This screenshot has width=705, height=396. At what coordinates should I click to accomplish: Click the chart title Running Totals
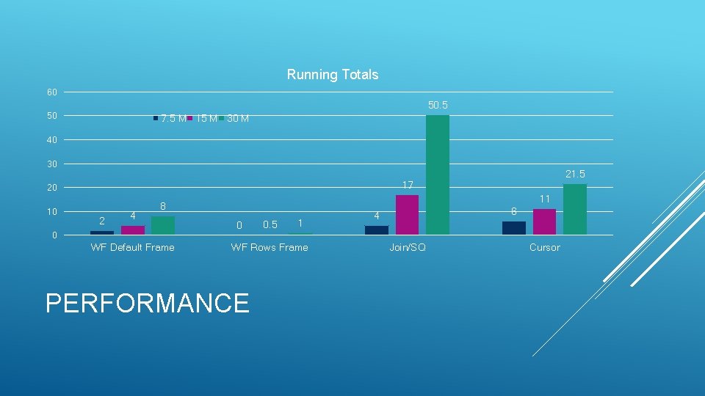pyautogui.click(x=332, y=75)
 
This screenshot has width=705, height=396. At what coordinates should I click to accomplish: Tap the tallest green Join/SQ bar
pyautogui.click(x=437, y=175)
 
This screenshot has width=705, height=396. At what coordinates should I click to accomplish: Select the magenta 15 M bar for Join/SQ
pyautogui.click(x=407, y=215)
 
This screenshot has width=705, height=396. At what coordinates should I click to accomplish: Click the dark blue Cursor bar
pyautogui.click(x=514, y=228)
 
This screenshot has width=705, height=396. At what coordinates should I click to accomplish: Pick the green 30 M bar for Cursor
pyautogui.click(x=574, y=209)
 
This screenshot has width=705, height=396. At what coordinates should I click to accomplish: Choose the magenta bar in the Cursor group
pyautogui.click(x=544, y=221)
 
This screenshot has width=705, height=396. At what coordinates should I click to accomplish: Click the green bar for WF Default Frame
pyautogui.click(x=162, y=225)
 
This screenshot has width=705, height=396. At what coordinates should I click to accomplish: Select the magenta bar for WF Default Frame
pyautogui.click(x=132, y=230)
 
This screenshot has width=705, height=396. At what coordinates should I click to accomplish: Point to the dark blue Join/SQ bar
pyautogui.click(x=377, y=230)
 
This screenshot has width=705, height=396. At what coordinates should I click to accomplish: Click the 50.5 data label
pyautogui.click(x=438, y=106)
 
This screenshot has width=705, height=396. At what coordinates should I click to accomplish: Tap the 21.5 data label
pyautogui.click(x=575, y=174)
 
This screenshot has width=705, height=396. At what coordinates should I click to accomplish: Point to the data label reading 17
pyautogui.click(x=407, y=186)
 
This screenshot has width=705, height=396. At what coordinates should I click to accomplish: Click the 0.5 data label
pyautogui.click(x=270, y=225)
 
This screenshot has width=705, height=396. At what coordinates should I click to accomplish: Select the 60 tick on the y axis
pyautogui.click(x=51, y=92)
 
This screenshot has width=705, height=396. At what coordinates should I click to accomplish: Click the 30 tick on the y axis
pyautogui.click(x=51, y=164)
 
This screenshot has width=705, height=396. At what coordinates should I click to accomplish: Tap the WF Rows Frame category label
pyautogui.click(x=270, y=248)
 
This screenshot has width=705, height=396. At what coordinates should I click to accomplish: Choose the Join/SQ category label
pyautogui.click(x=407, y=248)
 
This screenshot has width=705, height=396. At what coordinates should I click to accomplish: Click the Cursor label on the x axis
pyautogui.click(x=544, y=248)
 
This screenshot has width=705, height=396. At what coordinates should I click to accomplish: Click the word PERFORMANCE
pyautogui.click(x=147, y=303)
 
